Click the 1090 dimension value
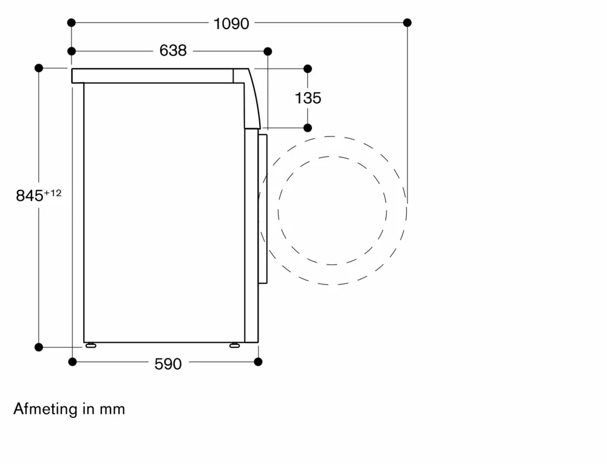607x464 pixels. [x=231, y=24]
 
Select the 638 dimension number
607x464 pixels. [x=173, y=50]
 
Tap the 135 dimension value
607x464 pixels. [x=308, y=98]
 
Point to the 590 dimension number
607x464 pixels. [x=168, y=364]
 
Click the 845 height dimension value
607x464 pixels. [x=29, y=196]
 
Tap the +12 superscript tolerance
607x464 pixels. [x=53, y=192]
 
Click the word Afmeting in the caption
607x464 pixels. [x=46, y=409]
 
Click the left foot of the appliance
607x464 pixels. [x=91, y=345]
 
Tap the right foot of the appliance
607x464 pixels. [x=234, y=345]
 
